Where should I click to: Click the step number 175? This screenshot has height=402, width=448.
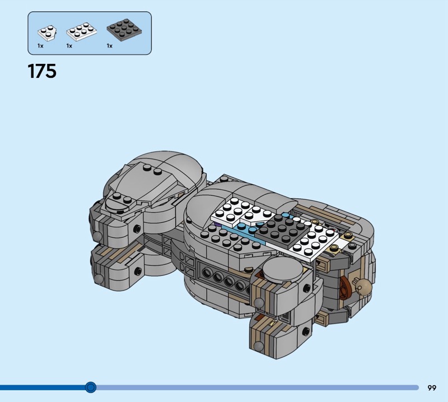pos(42,71)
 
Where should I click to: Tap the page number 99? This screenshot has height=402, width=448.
pos(432,388)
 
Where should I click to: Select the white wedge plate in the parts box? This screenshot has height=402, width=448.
pos(47,33)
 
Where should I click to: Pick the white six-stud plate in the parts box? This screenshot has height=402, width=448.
pos(81,32)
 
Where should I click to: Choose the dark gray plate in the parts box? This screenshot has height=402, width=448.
pos(124,30)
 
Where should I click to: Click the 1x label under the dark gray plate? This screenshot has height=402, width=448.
pos(109,46)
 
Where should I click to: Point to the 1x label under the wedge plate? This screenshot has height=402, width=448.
pos(40,46)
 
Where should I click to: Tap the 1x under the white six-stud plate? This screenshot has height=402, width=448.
pos(69,46)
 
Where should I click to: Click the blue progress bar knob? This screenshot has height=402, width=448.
pos(91,387)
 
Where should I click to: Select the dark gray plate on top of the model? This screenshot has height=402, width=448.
pos(282,228)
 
